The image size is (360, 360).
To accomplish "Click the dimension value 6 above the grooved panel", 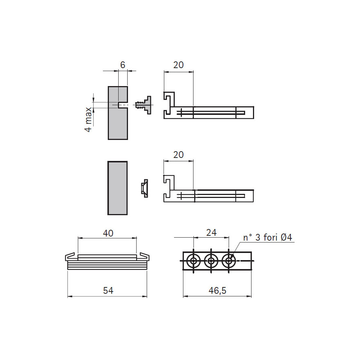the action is point(123,65).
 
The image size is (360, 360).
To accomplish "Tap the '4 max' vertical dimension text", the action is point(88,119).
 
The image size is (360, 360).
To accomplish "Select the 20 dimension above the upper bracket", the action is point(179,65).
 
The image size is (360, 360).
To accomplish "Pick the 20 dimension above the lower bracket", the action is point(179,155).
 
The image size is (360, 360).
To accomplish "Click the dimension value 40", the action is point(108,233).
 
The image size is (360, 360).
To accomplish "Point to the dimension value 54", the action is point(108,291).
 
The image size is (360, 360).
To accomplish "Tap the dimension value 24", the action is point(211,232).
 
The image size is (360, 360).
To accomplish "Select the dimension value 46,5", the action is point(217,291).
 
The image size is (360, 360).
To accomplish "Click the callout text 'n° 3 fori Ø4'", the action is point(268,237).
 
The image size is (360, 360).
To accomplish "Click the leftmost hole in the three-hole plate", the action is point(193,261).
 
